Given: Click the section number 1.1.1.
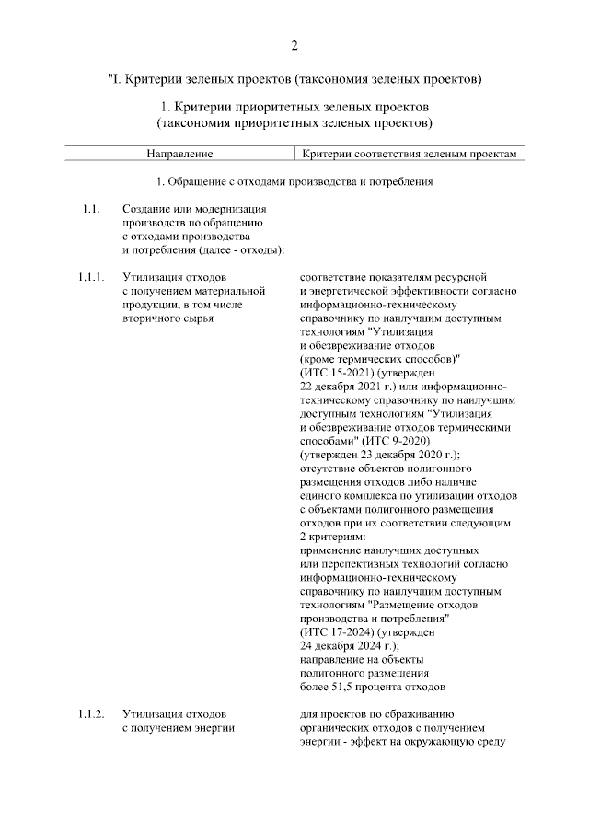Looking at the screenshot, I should [x=91, y=276].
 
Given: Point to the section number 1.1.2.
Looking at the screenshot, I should [x=91, y=713].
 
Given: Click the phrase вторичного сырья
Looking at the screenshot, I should [x=167, y=318].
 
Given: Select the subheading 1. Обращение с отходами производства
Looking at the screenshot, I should [x=294, y=181].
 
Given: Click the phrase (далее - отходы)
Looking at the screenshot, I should [x=237, y=249].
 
